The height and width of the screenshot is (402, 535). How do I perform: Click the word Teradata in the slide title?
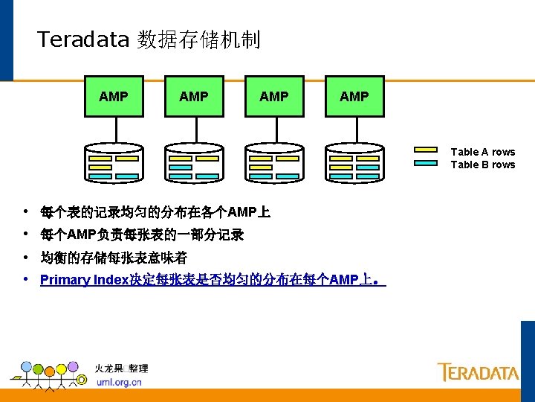pos(83,39)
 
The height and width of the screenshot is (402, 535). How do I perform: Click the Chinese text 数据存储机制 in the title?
pos(198,39)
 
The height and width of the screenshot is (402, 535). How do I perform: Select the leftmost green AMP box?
pos(113,96)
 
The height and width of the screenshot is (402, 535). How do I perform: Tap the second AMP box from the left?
pos(193,96)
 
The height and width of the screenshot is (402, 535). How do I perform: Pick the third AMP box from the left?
pos(273,96)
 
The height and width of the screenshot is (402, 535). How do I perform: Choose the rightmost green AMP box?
pos(354,96)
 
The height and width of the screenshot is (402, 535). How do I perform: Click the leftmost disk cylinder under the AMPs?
pos(113,162)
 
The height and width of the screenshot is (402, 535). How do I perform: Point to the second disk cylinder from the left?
pos(193,162)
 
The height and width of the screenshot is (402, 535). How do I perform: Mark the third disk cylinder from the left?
pos(273,162)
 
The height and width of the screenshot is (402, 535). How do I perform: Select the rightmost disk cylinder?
pos(354,162)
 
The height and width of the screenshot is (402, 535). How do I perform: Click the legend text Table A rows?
pos(482,152)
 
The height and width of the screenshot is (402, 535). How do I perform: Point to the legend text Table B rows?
pos(482,165)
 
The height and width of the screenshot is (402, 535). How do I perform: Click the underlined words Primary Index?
pos(84,281)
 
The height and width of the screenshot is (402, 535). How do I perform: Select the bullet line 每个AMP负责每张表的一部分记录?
pos(142,235)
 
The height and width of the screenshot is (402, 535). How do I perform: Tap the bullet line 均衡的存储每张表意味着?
pos(114,258)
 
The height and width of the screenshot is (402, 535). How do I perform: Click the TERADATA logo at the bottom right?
pos(478,371)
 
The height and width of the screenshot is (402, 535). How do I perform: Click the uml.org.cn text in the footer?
pos(119,382)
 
